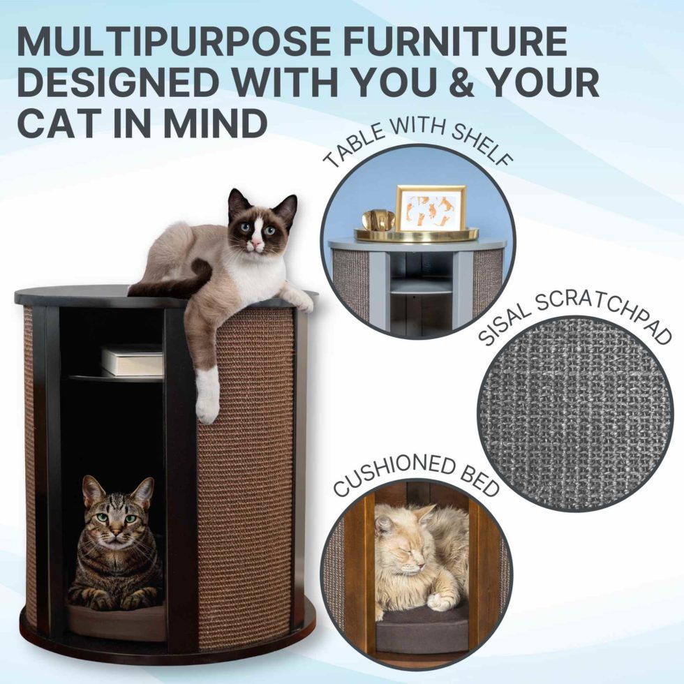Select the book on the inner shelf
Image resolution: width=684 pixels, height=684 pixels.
[x=133, y=360]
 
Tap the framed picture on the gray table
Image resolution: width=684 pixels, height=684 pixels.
[x=430, y=208]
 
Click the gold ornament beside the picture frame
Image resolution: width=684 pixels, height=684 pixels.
[x=378, y=221]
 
